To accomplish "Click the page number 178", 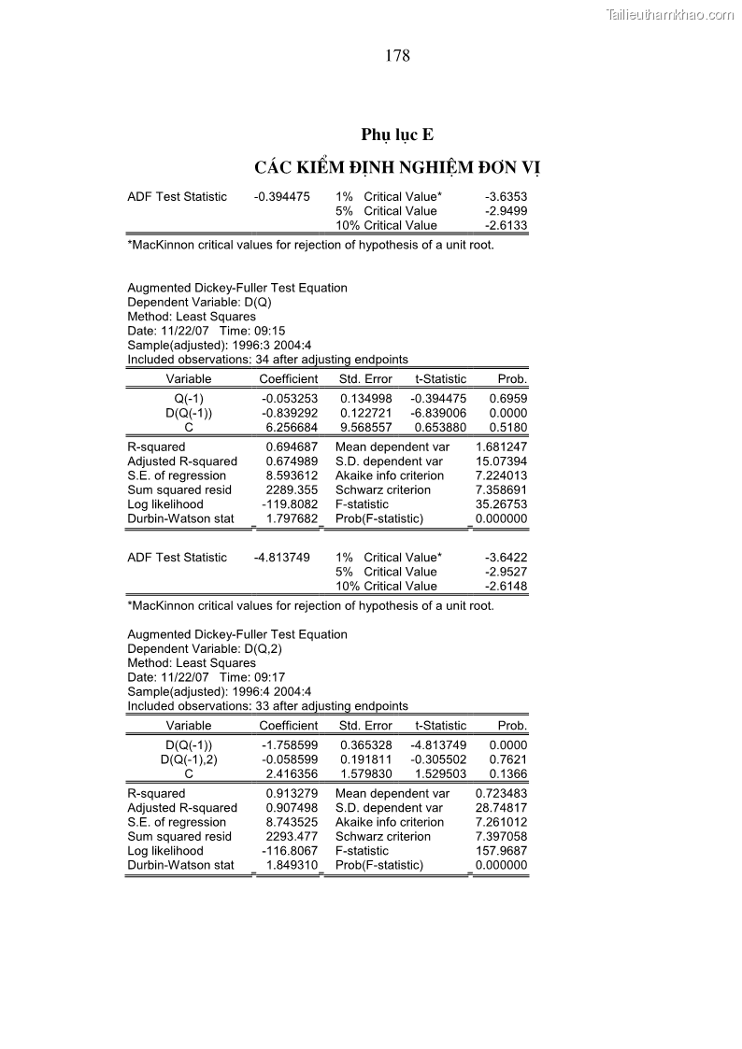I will pyautogui.click(x=397, y=56).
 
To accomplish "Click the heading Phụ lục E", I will pyautogui.click(x=397, y=135).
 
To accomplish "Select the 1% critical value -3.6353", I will pyautogui.click(x=507, y=197).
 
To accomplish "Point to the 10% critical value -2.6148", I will pyautogui.click(x=507, y=587).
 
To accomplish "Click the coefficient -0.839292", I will pyautogui.click(x=290, y=413).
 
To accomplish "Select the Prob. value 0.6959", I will pyautogui.click(x=508, y=399).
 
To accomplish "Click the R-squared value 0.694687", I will pyautogui.click(x=292, y=447).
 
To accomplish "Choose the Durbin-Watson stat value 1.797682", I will pyautogui.click(x=292, y=518).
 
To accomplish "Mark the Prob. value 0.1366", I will pyautogui.click(x=508, y=774).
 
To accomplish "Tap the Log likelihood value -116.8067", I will pyautogui.click(x=290, y=852).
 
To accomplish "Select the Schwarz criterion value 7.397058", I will pyautogui.click(x=501, y=837).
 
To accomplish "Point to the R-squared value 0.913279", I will pyautogui.click(x=292, y=794).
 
